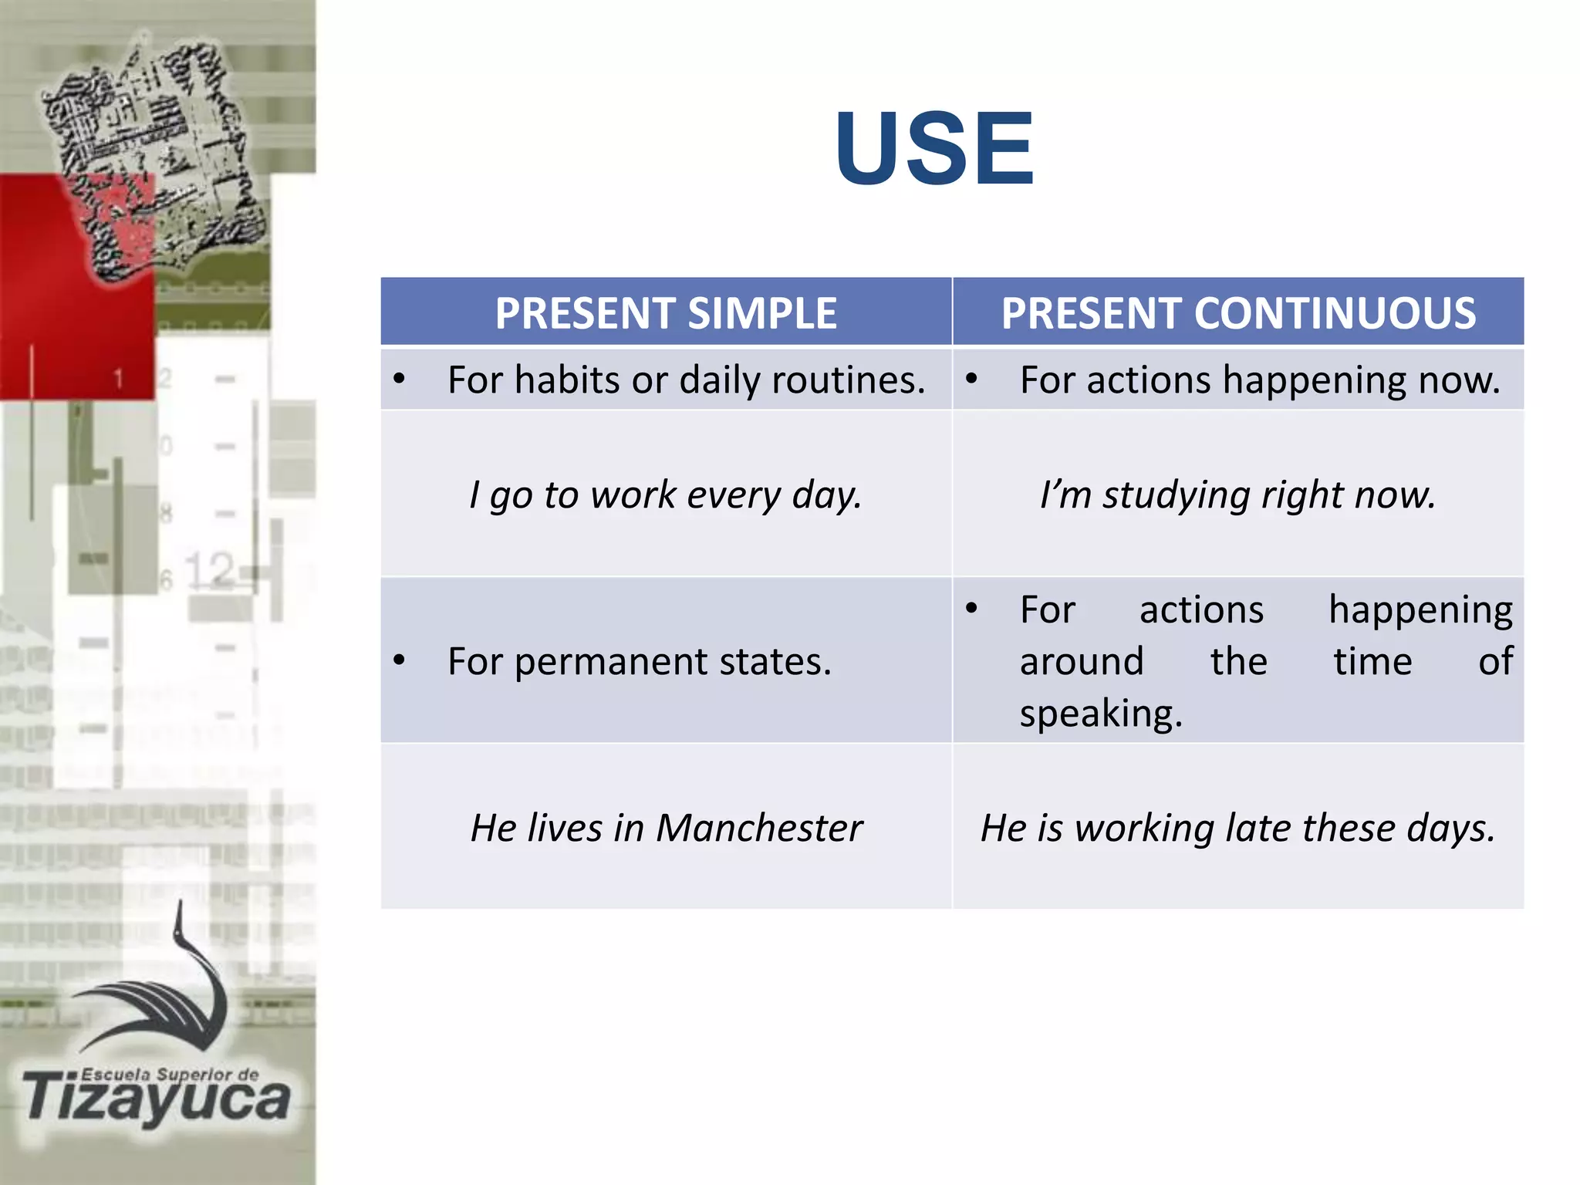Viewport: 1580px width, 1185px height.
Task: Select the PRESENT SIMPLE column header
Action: [x=666, y=313]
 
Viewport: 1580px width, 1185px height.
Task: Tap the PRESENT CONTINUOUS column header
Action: [x=1238, y=313]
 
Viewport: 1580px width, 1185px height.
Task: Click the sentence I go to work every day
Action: [x=665, y=495]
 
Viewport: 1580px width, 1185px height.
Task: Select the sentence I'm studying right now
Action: [x=1237, y=495]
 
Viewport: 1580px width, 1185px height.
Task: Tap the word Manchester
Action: [x=759, y=828]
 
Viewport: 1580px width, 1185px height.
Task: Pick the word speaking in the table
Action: [x=1100, y=714]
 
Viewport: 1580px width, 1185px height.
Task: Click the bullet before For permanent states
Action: [x=399, y=660]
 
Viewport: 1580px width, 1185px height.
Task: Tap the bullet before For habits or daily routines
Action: [x=399, y=379]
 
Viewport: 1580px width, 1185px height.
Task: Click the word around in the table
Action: [x=1082, y=662]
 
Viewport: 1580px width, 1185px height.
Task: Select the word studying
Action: [x=1176, y=495]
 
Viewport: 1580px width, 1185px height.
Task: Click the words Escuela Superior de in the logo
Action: [x=170, y=1074]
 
